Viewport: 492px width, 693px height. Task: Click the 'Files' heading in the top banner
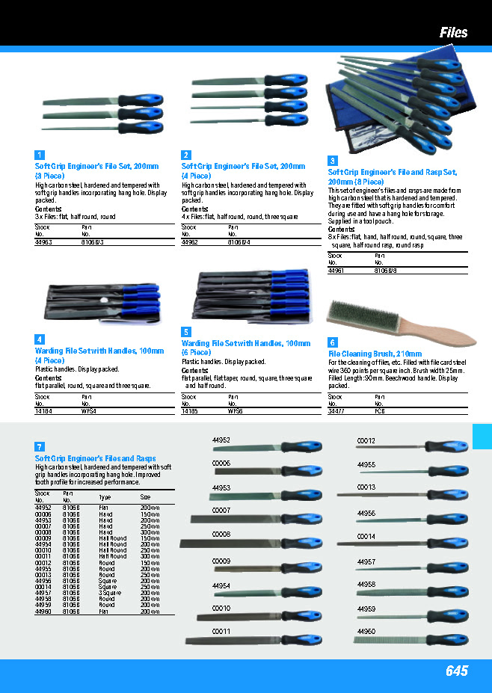[453, 32]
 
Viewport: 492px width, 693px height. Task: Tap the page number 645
[456, 671]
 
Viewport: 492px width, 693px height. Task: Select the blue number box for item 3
[333, 161]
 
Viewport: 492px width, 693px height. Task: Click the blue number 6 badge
[333, 342]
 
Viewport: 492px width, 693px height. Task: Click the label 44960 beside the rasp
[366, 632]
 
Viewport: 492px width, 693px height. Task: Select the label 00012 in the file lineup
[366, 441]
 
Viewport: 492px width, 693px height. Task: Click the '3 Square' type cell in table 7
[109, 592]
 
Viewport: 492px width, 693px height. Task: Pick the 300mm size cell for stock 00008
[150, 532]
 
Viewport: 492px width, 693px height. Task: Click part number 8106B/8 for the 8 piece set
[386, 271]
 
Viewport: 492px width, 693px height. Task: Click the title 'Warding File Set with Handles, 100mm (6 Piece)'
[245, 348]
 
